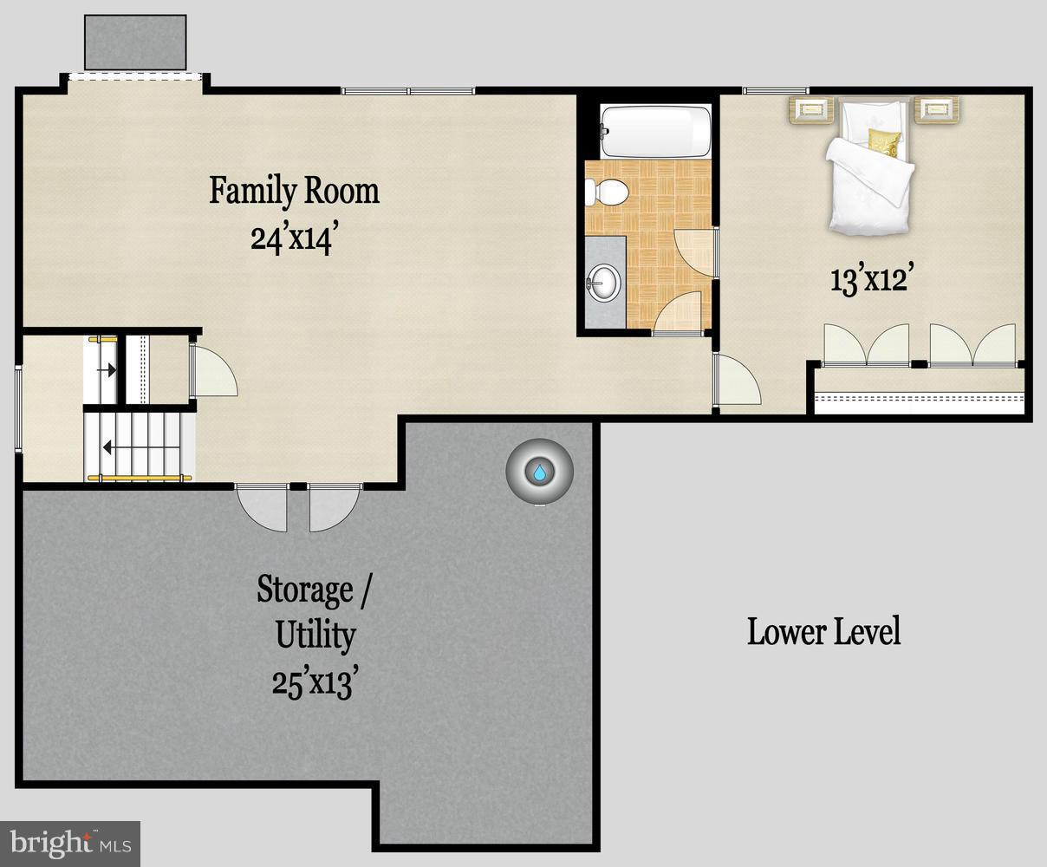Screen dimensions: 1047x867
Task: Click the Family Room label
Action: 294,192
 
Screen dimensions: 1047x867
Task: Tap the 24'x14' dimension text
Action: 292,238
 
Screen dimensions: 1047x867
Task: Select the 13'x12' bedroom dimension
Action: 869,279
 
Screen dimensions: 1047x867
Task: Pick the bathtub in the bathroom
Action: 656,132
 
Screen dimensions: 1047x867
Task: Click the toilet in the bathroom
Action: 607,192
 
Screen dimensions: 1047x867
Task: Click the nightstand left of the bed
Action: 811,110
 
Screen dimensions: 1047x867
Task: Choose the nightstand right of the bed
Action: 937,110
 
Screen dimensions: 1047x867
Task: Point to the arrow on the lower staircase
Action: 107,447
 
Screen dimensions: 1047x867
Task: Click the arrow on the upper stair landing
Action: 111,370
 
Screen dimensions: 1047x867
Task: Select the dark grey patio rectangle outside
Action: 135,42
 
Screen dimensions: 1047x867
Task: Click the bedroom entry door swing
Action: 737,380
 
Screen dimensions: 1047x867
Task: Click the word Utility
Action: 315,636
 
